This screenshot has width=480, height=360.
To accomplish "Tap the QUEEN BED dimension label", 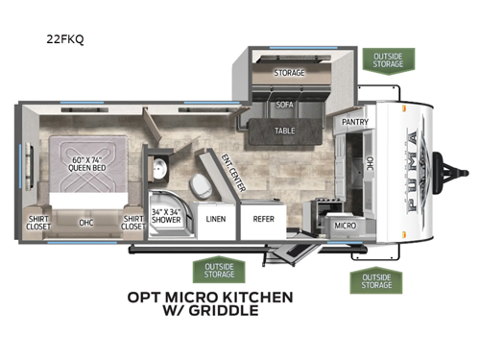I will pyautogui.click(x=86, y=162).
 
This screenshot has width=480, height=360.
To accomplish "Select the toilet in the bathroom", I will pyautogui.click(x=199, y=184).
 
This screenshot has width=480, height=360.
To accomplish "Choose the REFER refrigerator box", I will pyautogui.click(x=264, y=219).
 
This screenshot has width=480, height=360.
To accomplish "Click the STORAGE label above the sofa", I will pyautogui.click(x=289, y=72).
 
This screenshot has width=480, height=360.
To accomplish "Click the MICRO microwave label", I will pyautogui.click(x=345, y=224).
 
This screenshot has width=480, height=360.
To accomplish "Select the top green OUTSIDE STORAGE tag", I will pyautogui.click(x=388, y=60).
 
